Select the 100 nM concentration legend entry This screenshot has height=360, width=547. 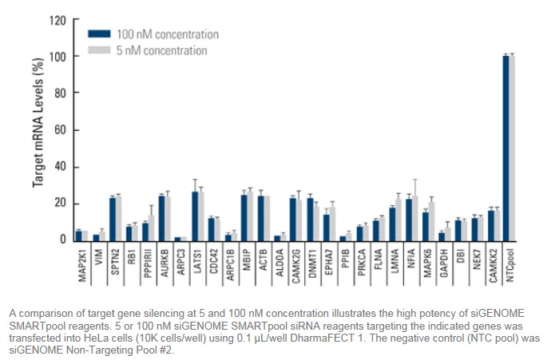(166, 34)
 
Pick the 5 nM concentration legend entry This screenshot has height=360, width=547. (161, 51)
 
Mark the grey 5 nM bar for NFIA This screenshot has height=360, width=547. (415, 217)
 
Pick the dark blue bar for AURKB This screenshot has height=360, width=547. (162, 217)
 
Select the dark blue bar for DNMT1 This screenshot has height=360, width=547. (310, 218)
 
